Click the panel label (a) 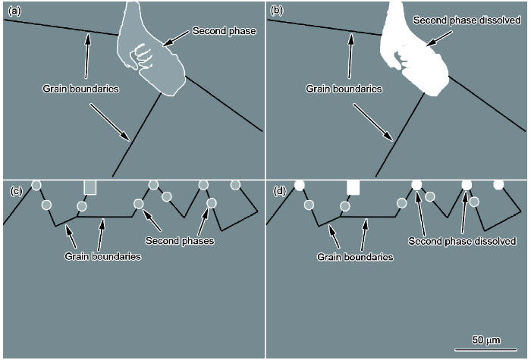click(x=14, y=11)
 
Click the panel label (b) click(x=276, y=11)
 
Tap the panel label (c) click(x=16, y=192)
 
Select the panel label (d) click(x=280, y=192)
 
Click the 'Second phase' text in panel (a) click(x=224, y=31)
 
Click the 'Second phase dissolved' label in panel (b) click(x=467, y=20)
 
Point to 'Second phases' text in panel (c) click(x=180, y=241)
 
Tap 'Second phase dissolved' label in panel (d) click(x=462, y=241)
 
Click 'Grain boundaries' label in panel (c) click(x=102, y=256)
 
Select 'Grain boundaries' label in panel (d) click(x=355, y=257)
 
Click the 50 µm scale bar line click(x=485, y=350)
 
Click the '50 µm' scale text click(x=486, y=340)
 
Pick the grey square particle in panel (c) click(x=90, y=187)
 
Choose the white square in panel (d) click(x=353, y=187)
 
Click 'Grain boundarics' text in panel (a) click(x=80, y=89)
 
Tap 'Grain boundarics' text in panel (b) click(x=344, y=89)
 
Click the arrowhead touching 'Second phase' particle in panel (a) click(x=167, y=43)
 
